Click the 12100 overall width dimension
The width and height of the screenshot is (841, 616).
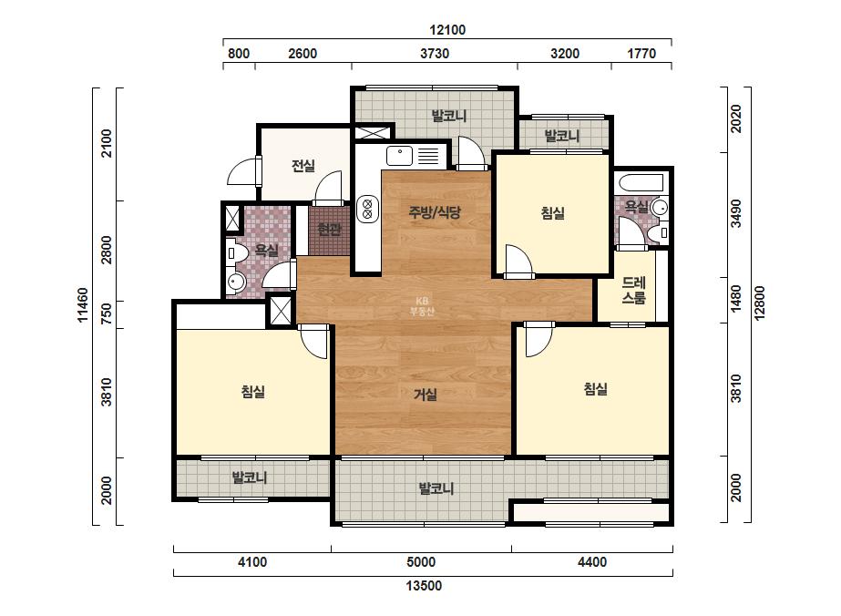click(x=447, y=30)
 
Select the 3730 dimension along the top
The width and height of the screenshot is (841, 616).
click(x=435, y=54)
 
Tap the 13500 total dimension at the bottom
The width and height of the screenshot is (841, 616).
click(x=424, y=585)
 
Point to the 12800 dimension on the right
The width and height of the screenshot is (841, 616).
click(x=760, y=303)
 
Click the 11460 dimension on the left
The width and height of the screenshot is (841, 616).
click(x=83, y=304)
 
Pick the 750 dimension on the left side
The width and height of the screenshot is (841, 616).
click(x=107, y=313)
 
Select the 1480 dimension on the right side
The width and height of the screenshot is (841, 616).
click(x=736, y=298)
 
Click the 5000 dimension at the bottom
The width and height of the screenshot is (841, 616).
click(x=421, y=562)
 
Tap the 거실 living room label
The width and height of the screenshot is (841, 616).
click(x=426, y=395)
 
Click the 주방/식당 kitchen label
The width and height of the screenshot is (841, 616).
click(x=435, y=212)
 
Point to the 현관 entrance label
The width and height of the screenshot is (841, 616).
click(x=329, y=230)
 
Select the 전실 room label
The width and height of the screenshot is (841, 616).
click(x=303, y=166)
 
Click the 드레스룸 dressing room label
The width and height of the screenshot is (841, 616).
click(x=633, y=291)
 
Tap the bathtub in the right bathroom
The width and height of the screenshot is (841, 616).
click(x=641, y=183)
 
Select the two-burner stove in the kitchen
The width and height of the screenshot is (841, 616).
click(x=367, y=209)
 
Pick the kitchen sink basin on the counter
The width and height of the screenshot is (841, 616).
click(x=400, y=156)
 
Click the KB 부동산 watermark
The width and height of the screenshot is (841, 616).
click(x=422, y=306)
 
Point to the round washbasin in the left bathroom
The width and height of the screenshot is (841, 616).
click(x=235, y=282)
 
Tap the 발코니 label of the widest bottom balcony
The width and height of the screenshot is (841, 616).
click(x=436, y=488)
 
